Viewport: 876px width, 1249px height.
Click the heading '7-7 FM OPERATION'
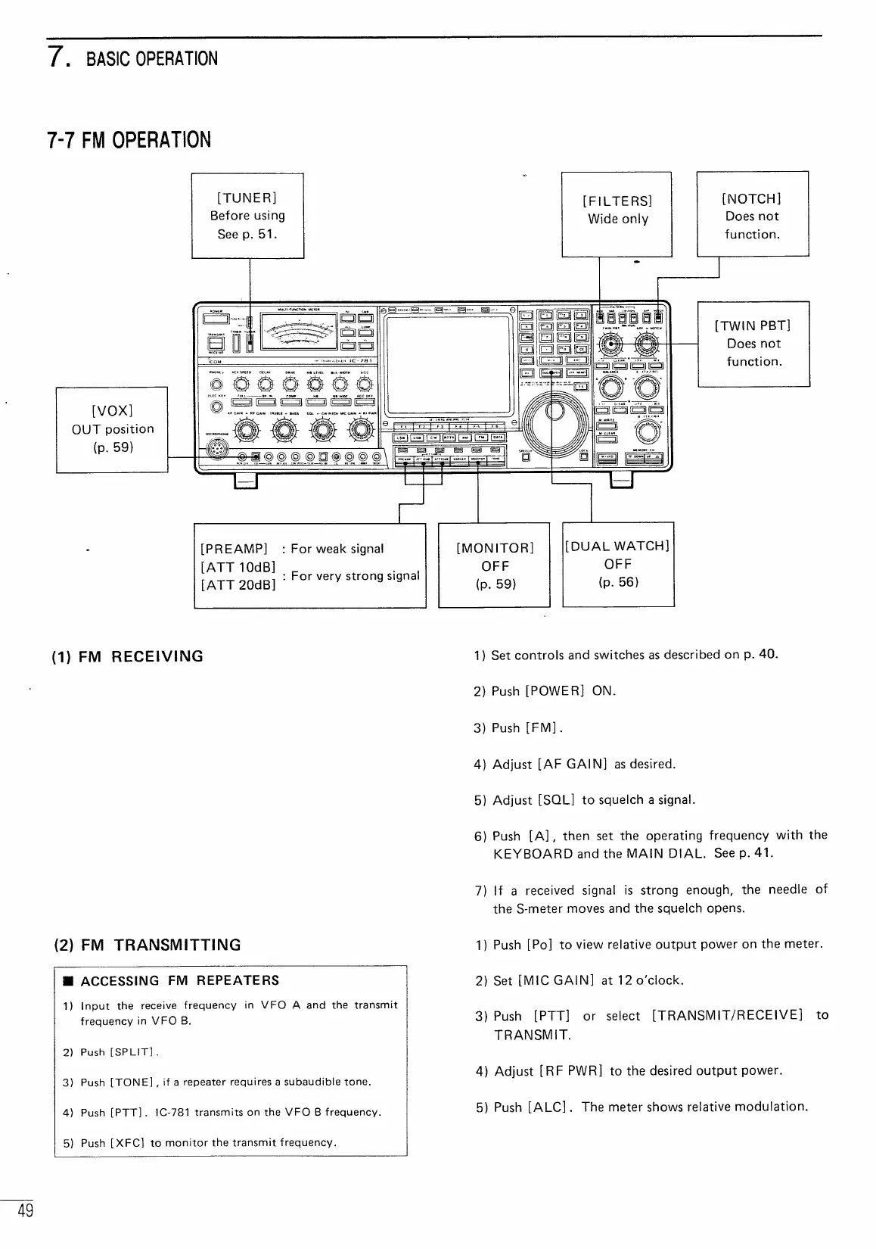coord(129,141)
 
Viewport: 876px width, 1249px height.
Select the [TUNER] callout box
coord(247,216)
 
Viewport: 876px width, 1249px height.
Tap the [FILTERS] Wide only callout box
coord(617,214)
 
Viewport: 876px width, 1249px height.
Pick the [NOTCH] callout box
coord(752,215)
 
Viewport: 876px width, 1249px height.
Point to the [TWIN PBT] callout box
coord(753,344)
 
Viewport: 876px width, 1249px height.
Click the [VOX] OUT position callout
coord(112,428)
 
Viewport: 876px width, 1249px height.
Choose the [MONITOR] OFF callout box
coord(494,565)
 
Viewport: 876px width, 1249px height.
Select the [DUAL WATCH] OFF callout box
coord(618,564)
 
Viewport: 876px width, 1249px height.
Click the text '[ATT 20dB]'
coord(238,584)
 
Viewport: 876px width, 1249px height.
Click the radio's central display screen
coord(448,364)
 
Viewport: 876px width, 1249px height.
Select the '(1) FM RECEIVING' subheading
coord(128,656)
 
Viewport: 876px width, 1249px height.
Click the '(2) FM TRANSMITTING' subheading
coord(148,945)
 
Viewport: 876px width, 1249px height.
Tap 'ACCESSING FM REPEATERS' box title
coord(180,981)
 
